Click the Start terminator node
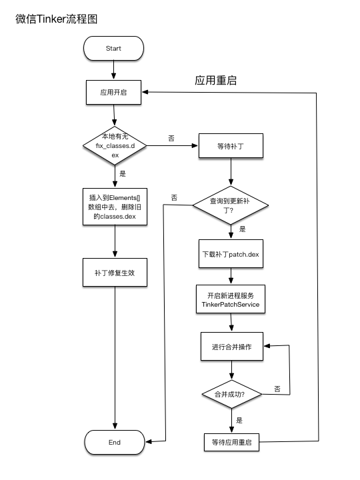coord(113,49)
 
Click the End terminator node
coord(114,442)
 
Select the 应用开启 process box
coord(114,93)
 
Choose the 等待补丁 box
coord(231,147)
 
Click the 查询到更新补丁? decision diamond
coord(231,204)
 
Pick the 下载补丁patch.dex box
coord(231,254)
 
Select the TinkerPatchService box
coord(230,299)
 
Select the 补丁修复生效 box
coord(115,273)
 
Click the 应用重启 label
coord(215,81)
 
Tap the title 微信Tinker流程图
coord(56,19)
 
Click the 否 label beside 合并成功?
coord(277,389)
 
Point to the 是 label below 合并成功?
coord(239,421)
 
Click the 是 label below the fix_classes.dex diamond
coord(122,173)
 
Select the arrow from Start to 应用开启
coord(114,70)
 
